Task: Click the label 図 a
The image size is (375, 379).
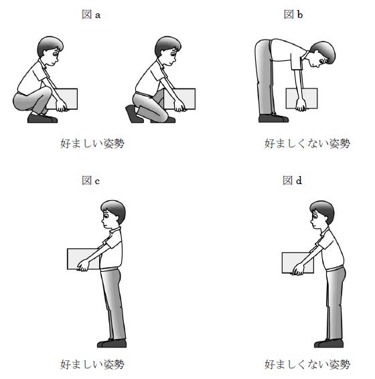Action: point(91,15)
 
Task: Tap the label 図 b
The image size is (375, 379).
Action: point(293,15)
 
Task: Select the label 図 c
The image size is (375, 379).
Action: point(90,180)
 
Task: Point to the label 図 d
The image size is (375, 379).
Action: point(293,180)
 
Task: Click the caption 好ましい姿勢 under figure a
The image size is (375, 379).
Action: point(92,143)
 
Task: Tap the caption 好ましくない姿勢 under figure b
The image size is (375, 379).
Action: point(307,143)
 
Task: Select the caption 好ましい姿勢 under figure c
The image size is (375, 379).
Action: point(92,364)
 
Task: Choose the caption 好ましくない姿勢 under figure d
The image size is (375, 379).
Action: point(307,364)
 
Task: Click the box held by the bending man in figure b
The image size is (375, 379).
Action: point(301,98)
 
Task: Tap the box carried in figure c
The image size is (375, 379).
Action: point(83,259)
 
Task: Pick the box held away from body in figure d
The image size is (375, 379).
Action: point(297,263)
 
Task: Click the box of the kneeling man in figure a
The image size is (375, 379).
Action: point(179,99)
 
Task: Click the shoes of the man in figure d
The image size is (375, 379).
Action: point(329,344)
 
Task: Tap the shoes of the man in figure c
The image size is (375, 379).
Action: point(112,344)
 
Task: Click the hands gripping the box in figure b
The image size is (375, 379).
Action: point(301,104)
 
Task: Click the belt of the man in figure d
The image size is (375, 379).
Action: point(335,269)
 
